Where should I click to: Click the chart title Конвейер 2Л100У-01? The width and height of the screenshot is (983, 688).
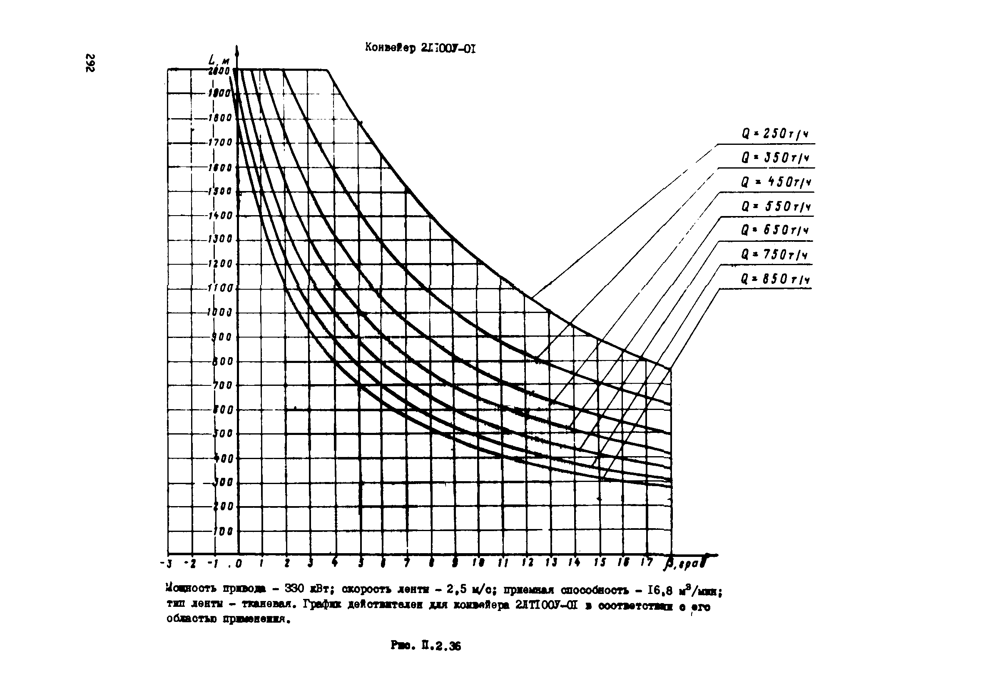click(x=420, y=48)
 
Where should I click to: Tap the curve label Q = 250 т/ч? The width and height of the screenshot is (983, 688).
click(x=774, y=134)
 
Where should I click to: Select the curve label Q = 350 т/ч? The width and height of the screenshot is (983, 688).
click(x=774, y=159)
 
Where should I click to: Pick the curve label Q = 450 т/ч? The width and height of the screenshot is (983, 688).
click(x=775, y=183)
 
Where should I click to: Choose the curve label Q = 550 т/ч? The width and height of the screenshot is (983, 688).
click(x=775, y=207)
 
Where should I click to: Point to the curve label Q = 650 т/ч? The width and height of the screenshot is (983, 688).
click(x=774, y=231)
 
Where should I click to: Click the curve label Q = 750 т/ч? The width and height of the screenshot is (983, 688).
click(x=774, y=255)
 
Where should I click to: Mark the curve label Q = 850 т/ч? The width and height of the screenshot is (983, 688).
click(x=775, y=280)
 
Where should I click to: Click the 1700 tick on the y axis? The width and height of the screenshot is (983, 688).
click(x=220, y=142)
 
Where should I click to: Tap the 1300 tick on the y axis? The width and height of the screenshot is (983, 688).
click(x=220, y=239)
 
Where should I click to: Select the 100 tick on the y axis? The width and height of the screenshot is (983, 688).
click(x=223, y=532)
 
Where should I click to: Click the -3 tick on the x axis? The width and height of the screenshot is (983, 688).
click(x=167, y=564)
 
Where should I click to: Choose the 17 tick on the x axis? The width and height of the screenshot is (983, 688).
click(x=647, y=563)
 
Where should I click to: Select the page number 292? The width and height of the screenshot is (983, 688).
click(x=90, y=63)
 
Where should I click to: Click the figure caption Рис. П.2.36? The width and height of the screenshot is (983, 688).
click(x=426, y=646)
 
